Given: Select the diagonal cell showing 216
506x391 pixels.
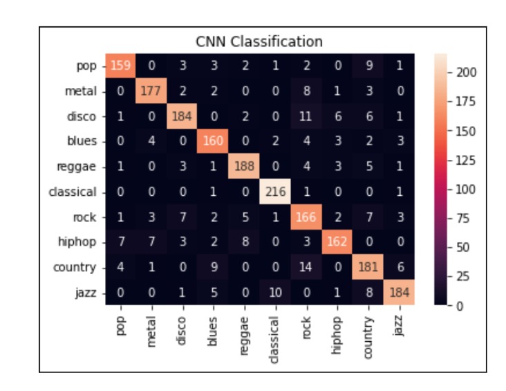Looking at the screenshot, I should pyautogui.click(x=275, y=192).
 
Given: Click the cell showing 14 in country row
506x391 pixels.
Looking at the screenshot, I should pyautogui.click(x=306, y=267).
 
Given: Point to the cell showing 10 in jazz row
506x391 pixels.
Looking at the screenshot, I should pyautogui.click(x=275, y=292).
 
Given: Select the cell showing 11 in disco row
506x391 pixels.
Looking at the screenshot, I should pyautogui.click(x=306, y=116).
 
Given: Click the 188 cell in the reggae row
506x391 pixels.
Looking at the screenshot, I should pyautogui.click(x=244, y=167).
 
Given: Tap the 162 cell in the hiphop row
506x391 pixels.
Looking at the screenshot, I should pyautogui.click(x=337, y=242).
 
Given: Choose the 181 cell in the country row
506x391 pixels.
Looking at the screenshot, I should pyautogui.click(x=368, y=267).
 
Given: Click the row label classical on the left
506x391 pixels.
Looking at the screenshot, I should pyautogui.click(x=77, y=192).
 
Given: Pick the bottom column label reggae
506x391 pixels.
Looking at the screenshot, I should pyautogui.click(x=244, y=336).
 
